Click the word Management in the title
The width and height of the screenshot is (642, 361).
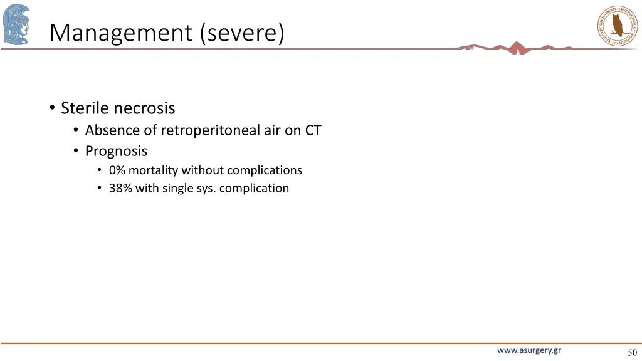click(x=122, y=33)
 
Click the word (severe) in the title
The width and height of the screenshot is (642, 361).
click(x=243, y=33)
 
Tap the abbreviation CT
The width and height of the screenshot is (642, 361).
click(x=313, y=130)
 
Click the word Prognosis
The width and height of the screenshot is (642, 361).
click(x=117, y=151)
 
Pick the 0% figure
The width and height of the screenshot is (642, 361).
click(x=117, y=170)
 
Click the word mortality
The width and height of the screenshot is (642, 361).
click(x=154, y=170)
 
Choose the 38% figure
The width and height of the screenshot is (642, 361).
click(x=120, y=188)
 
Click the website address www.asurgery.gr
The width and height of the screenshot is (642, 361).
click(x=529, y=350)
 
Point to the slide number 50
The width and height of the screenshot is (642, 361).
click(x=631, y=352)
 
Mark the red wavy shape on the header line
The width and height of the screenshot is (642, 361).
click(x=517, y=48)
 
